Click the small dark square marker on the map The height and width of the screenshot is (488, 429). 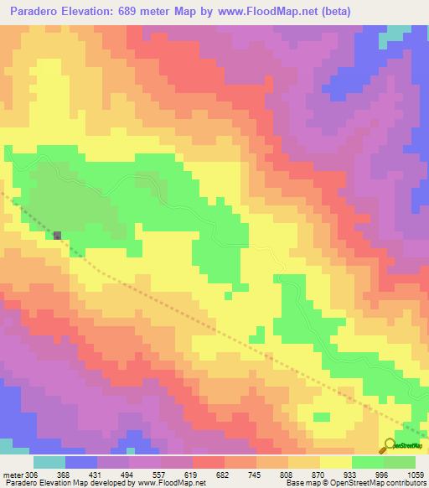pyautogui.click(x=57, y=236)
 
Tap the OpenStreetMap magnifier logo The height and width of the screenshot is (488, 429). pyautogui.click(x=390, y=444)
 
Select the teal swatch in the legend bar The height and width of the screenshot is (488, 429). pyautogui.click(x=49, y=462)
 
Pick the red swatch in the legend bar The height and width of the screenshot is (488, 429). pyautogui.click(x=209, y=462)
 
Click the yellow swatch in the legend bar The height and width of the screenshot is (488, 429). pyautogui.click(x=336, y=462)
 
